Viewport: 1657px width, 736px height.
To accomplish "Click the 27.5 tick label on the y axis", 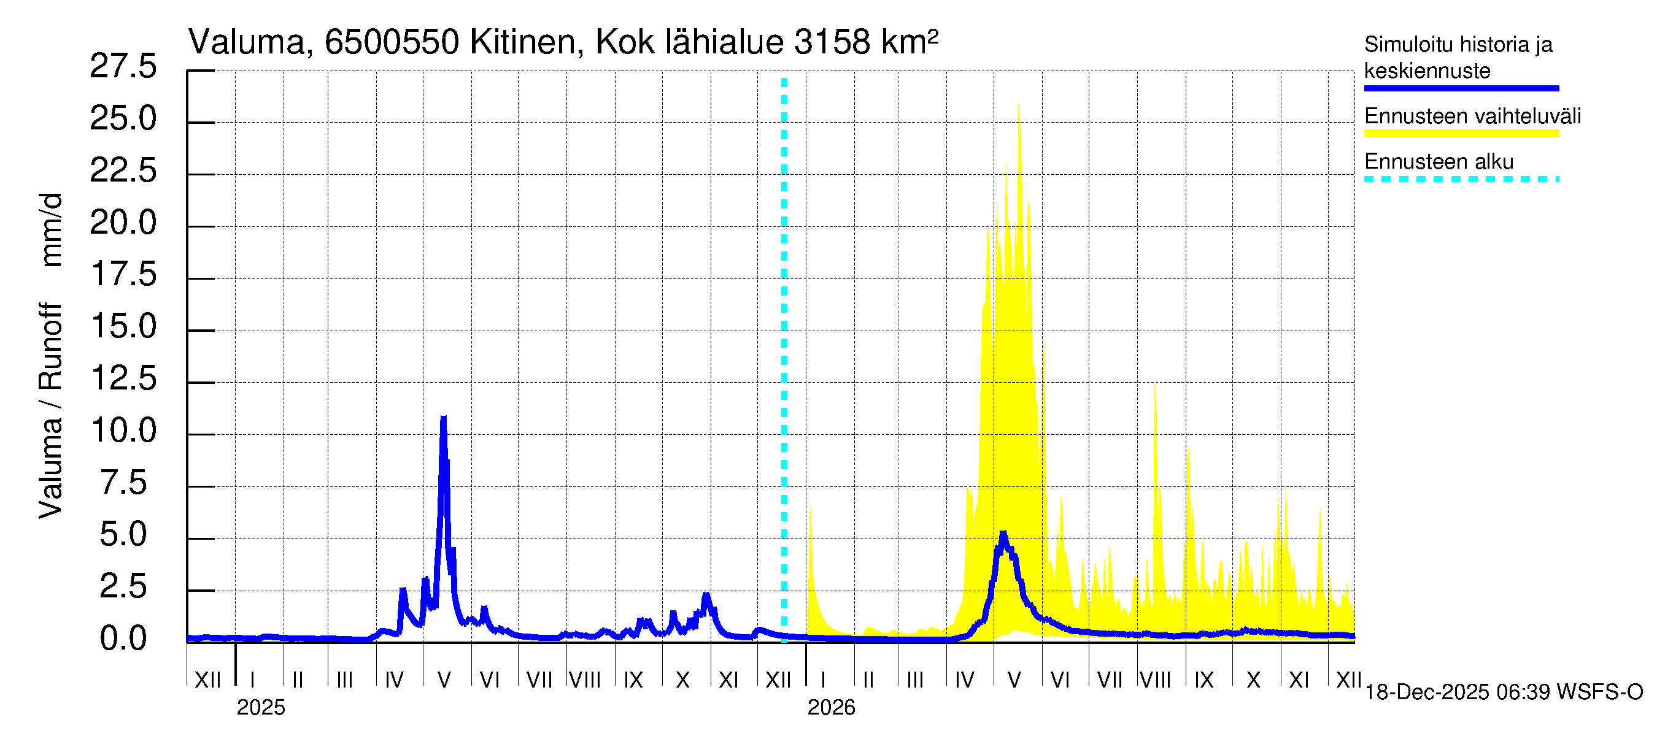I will click(123, 66).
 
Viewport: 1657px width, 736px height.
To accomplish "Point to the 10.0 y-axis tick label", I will click(123, 430).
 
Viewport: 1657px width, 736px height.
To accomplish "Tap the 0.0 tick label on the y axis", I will click(123, 638).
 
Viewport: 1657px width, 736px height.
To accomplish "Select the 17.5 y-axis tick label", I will click(123, 275).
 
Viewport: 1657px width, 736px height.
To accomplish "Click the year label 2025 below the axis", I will click(260, 707).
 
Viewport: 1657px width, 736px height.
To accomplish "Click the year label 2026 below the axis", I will click(831, 707).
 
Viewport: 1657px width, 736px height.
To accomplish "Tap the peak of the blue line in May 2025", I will click(443, 419).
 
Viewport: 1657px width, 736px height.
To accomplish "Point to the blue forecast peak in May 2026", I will click(1003, 534).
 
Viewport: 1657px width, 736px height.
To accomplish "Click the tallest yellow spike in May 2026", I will click(1019, 106).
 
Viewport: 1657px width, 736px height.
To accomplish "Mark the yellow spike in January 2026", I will click(811, 508).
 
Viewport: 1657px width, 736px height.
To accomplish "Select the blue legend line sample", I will click(1461, 88).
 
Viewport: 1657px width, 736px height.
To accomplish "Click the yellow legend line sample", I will click(1461, 134).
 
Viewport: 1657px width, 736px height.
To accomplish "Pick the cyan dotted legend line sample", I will click(1461, 179).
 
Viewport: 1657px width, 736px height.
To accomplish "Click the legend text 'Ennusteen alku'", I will click(1439, 161).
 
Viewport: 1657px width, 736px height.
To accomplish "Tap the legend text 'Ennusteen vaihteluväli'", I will click(1472, 117).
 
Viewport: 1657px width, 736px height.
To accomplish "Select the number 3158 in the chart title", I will click(832, 42).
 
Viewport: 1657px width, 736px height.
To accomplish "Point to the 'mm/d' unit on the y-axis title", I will click(52, 229).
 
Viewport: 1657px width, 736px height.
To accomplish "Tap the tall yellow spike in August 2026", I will click(1154, 386).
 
